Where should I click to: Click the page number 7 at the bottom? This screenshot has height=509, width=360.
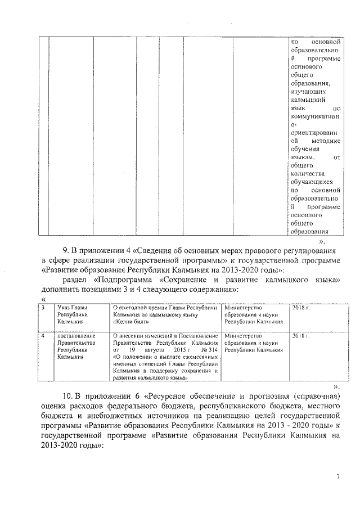(338, 476)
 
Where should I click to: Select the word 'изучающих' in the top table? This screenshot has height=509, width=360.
(307, 90)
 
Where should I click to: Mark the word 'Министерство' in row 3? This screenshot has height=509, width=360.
(243, 308)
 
